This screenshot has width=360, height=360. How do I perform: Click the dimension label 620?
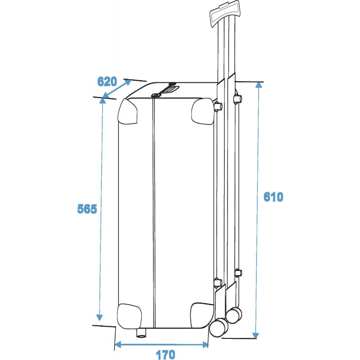click(107, 81)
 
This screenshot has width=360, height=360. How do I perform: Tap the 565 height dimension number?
click(87, 209)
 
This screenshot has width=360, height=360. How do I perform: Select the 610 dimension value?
click(273, 197)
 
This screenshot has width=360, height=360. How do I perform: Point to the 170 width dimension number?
click(165, 355)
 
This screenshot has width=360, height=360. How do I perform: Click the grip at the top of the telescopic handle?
click(225, 13)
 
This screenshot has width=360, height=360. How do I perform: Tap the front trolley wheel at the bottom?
click(219, 328)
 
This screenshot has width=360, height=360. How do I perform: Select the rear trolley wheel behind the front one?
click(234, 315)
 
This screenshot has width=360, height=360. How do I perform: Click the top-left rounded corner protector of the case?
click(127, 112)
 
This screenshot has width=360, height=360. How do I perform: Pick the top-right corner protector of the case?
click(202, 112)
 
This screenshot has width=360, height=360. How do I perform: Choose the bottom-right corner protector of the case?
click(202, 315)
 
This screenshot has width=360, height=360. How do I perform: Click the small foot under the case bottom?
click(141, 333)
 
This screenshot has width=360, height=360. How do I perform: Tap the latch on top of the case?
click(164, 90)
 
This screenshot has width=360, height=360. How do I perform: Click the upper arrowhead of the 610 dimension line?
click(259, 85)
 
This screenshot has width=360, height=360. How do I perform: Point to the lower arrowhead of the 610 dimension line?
click(255, 335)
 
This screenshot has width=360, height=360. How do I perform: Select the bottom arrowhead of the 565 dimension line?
click(99, 318)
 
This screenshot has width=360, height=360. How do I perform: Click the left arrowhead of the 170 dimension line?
click(117, 344)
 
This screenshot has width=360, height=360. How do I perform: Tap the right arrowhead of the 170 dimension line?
click(206, 345)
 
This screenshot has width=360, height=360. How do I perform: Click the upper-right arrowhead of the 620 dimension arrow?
click(128, 82)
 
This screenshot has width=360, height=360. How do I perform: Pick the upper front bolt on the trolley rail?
click(218, 107)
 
